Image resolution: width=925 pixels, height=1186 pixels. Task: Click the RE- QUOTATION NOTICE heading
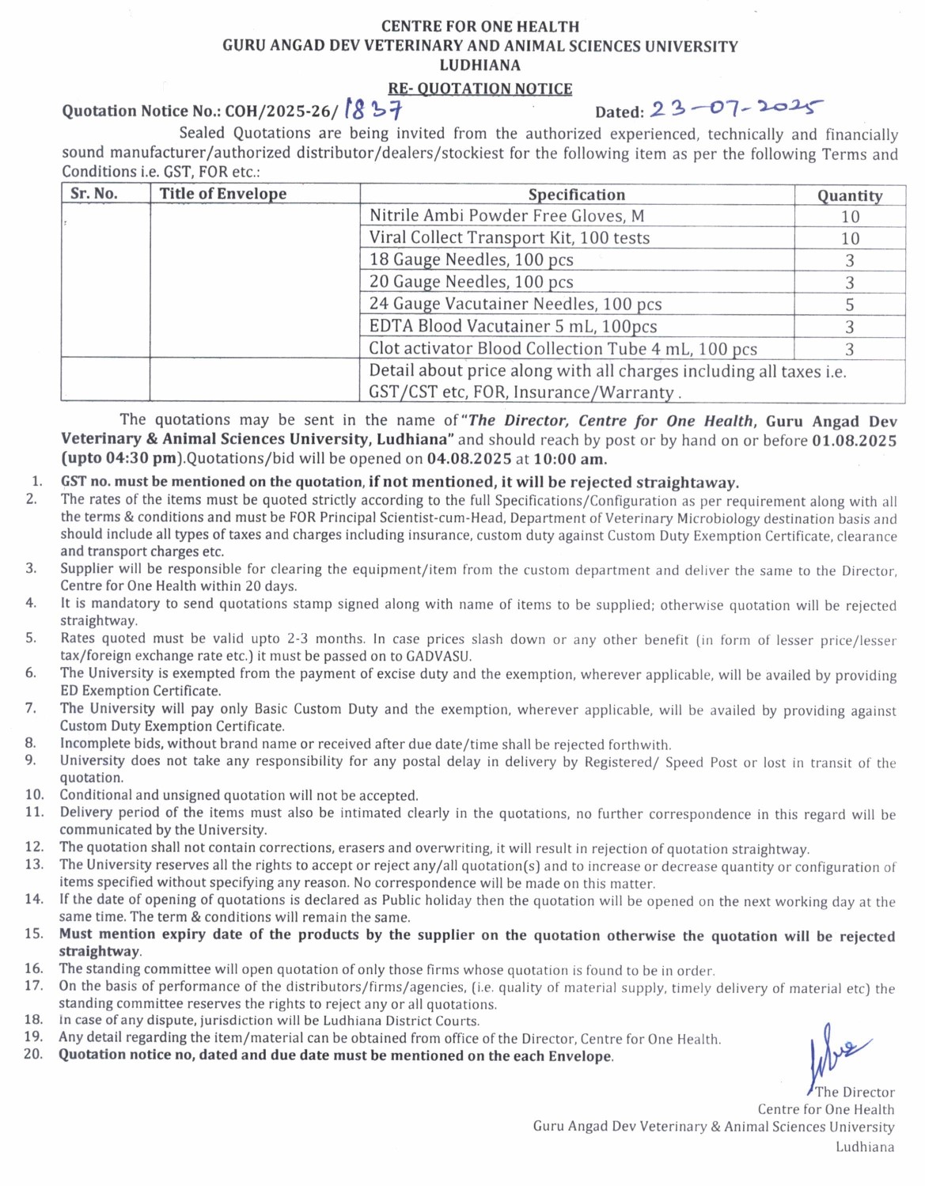480,89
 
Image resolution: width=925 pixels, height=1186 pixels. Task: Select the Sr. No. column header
93,194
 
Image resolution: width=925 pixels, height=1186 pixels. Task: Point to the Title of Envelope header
222,194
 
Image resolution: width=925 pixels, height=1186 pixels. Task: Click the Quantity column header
850,195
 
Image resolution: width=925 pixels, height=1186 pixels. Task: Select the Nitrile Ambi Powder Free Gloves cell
506,215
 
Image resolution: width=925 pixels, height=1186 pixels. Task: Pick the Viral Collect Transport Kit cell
509,237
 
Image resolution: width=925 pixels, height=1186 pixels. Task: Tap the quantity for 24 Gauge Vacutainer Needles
850,305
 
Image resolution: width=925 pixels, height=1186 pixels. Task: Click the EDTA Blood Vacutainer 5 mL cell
513,326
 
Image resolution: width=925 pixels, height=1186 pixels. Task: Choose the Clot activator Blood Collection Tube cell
563,348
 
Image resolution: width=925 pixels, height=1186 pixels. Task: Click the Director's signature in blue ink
836,1051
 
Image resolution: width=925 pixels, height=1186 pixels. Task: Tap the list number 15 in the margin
33,934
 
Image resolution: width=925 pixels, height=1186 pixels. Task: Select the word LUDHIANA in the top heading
480,65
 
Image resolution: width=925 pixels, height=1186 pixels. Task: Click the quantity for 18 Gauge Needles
850,260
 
